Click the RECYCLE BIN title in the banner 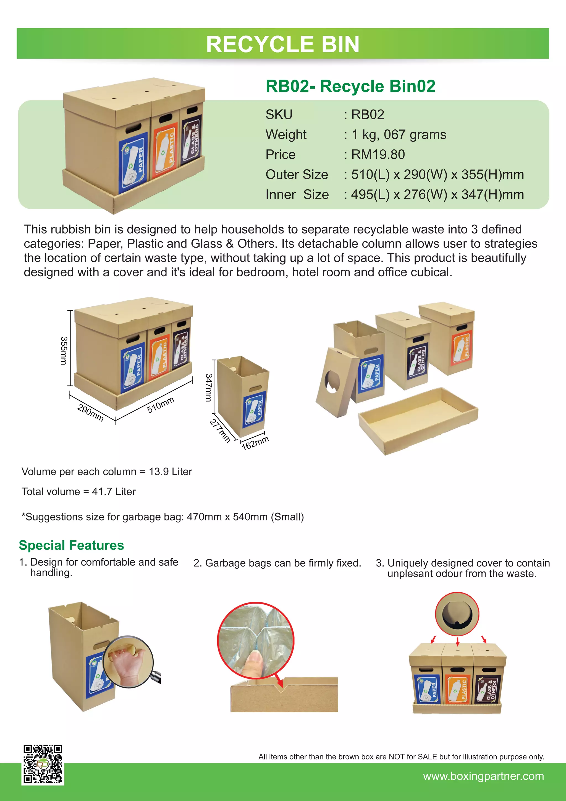(x=283, y=44)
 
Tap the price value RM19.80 (x=378, y=155)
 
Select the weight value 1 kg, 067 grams (x=399, y=135)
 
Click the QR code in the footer (x=43, y=765)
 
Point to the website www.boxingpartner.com (x=483, y=776)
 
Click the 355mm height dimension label (x=64, y=351)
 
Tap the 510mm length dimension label (x=160, y=405)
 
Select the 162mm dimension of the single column (x=255, y=443)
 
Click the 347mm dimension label (x=208, y=387)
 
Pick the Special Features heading (x=72, y=545)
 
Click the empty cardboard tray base (x=418, y=420)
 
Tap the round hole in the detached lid (x=332, y=382)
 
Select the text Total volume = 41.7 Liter (x=79, y=491)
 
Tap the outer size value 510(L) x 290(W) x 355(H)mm (x=437, y=175)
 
